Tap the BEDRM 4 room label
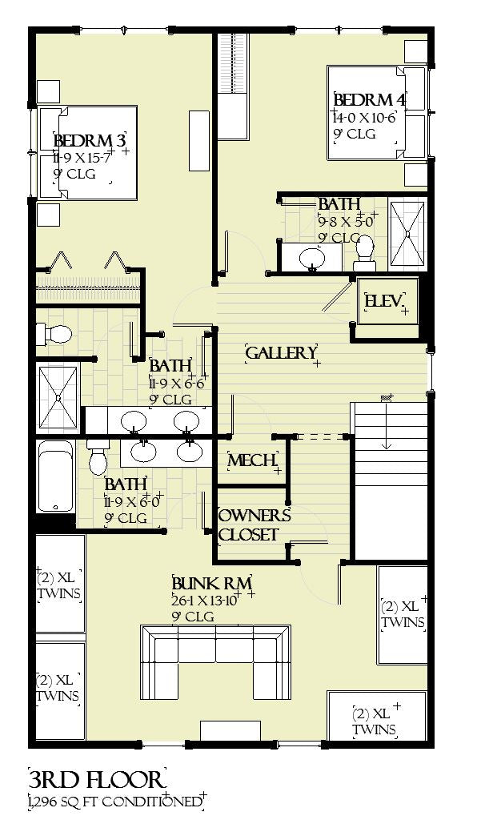[368, 101]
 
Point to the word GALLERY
[281, 353]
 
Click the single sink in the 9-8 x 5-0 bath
[311, 258]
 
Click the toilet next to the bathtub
[98, 458]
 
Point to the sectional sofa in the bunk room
[215, 661]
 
